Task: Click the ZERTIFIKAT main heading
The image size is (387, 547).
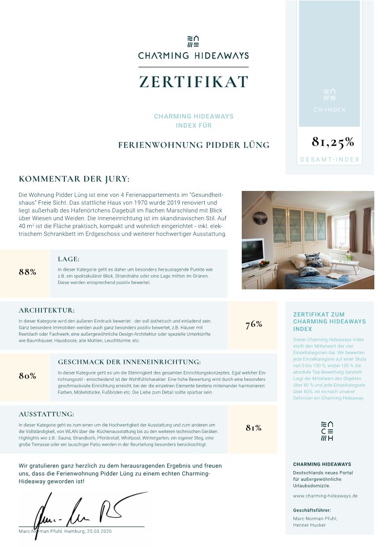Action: (193, 82)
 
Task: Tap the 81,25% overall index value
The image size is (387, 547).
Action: (333, 142)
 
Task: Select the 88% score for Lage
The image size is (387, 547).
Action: (28, 272)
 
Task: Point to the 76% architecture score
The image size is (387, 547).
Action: (254, 324)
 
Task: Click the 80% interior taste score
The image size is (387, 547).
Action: (28, 376)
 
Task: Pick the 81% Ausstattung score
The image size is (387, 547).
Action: (254, 428)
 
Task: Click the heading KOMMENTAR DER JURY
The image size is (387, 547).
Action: (74, 179)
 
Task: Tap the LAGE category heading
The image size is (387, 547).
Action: (68, 259)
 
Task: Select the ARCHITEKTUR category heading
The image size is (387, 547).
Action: (47, 310)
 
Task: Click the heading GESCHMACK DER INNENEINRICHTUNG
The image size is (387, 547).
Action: (129, 362)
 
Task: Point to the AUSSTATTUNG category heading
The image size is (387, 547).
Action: (46, 414)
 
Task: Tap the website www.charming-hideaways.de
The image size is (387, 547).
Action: (325, 496)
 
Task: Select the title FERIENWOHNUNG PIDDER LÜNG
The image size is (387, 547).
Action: (193, 145)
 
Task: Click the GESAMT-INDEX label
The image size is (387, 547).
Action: (329, 159)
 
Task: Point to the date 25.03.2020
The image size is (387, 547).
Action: (99, 531)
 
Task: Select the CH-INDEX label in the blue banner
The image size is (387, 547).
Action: (329, 110)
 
